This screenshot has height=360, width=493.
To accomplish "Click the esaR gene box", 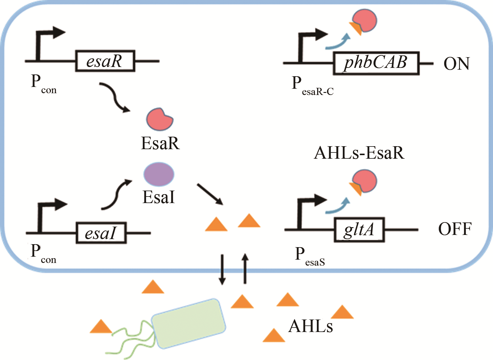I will (105, 61).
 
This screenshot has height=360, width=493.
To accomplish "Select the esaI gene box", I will (101, 233).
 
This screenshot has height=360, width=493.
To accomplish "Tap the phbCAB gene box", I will (376, 63).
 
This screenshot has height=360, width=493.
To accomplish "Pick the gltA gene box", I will (359, 230).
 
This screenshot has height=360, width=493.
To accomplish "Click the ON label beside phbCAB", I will (456, 64).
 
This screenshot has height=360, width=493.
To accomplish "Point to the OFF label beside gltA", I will (455, 229).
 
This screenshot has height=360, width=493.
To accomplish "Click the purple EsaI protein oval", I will (159, 174).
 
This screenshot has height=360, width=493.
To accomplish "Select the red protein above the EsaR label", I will (159, 119).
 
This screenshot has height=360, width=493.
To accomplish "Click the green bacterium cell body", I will (188, 323).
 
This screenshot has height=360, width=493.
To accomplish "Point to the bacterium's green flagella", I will (131, 339).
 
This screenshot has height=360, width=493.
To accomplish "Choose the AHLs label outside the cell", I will (311, 326).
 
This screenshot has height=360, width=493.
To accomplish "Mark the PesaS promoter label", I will (309, 256).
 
